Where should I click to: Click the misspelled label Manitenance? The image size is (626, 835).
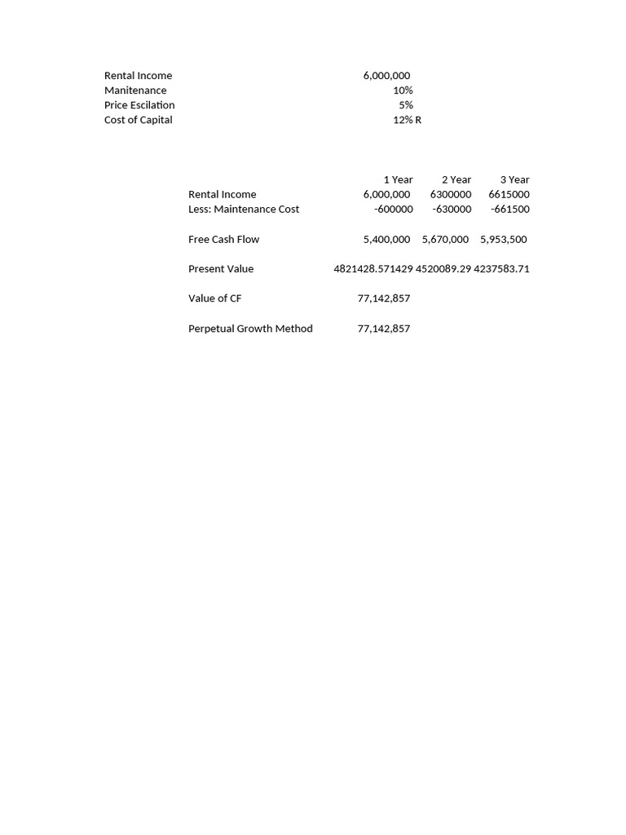[135, 91]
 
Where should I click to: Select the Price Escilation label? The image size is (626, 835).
[139, 105]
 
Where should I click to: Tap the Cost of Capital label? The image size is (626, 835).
[139, 120]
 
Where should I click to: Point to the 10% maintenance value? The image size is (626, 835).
[403, 91]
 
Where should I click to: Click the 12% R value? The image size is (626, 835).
[407, 120]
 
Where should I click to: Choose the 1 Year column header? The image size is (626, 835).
[398, 179]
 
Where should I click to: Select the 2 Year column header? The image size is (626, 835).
[456, 179]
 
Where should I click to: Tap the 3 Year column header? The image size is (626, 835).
[514, 179]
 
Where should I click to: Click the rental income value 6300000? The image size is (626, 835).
[451, 194]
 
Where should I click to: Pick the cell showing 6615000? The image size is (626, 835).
[509, 194]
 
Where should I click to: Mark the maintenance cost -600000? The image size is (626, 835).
[392, 209]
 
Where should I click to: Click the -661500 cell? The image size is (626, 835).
[509, 209]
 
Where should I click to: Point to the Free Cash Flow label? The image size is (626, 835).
[223, 239]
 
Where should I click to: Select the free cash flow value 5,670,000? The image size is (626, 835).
[445, 239]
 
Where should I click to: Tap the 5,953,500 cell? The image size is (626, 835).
[504, 239]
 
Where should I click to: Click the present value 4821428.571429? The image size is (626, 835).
[373, 268]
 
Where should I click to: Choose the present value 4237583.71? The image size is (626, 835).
[501, 268]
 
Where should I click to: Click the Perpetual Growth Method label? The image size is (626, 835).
[250, 329]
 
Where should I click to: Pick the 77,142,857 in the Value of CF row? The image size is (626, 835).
[384, 298]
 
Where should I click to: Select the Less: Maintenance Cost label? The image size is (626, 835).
[244, 209]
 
